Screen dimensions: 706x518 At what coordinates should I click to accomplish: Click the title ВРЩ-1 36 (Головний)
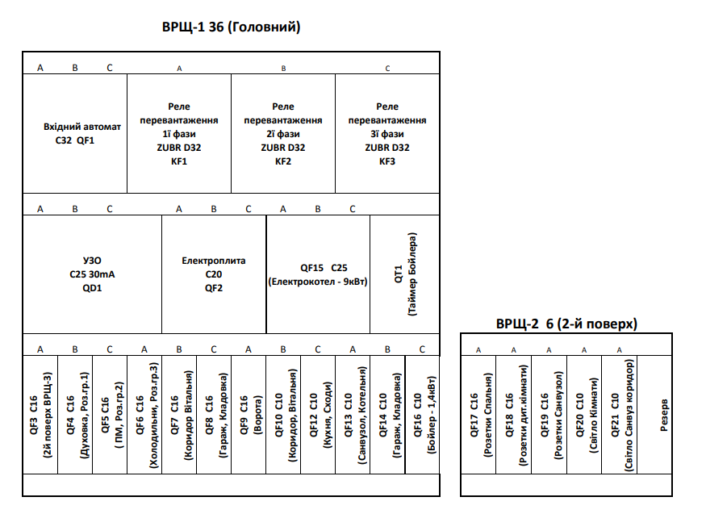pos(231,27)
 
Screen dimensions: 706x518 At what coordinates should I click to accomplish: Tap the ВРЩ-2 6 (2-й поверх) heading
pos(566,324)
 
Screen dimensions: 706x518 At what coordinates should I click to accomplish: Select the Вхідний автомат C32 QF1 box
pos(75,133)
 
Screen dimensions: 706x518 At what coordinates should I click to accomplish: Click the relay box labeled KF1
pos(179,133)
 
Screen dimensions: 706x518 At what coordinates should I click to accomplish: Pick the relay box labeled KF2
pos(283,133)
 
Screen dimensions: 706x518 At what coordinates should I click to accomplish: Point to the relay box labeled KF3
pos(387,133)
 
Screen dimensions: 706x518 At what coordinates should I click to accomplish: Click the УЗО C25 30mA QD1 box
pos(92,274)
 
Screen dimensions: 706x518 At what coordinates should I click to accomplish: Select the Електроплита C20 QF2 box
pos(214,274)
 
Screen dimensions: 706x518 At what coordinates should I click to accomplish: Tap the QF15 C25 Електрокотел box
pos(319,274)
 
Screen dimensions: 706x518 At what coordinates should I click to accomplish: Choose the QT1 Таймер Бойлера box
pos(405,274)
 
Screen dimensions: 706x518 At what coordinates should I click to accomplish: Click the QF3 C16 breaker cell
pos(40,415)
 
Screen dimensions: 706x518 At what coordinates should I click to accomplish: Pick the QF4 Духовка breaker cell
pos(75,415)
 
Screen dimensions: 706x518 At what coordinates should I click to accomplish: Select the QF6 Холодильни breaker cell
pos(144,415)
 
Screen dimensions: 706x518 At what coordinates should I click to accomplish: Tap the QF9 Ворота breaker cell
pos(249,415)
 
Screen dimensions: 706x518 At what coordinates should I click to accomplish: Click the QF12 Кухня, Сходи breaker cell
pos(318,415)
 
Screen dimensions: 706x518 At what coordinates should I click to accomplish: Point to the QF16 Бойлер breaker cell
pos(422,415)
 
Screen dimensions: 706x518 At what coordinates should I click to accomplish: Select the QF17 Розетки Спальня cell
pos(478,415)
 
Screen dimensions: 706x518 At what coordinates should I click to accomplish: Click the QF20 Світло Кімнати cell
pos(584,415)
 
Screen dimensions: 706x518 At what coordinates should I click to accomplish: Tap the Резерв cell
pos(654,415)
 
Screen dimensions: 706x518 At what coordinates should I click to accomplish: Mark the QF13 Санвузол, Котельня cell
pos(353,415)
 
